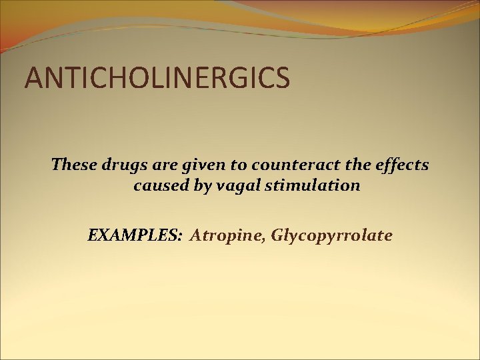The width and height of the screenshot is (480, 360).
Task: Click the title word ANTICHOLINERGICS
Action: [x=157, y=77]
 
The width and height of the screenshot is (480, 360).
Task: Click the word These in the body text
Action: [x=74, y=164]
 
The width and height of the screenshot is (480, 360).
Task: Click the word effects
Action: [x=403, y=164]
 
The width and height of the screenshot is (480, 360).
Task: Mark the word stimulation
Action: [x=313, y=185]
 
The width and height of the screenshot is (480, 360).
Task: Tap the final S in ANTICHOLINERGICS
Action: [x=283, y=77]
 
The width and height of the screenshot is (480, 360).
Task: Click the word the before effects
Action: [x=363, y=164]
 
